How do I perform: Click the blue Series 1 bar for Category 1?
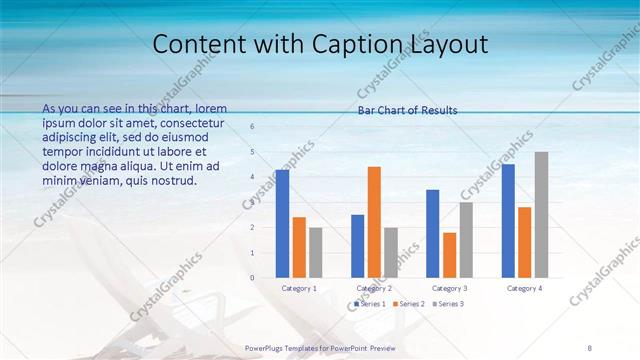click(283, 223)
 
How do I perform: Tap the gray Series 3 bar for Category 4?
click(541, 214)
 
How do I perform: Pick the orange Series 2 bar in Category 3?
click(449, 255)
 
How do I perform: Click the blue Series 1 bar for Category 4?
click(508, 220)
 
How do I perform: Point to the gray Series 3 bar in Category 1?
click(316, 252)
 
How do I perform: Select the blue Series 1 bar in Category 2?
click(358, 245)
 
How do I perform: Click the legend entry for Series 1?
click(370, 303)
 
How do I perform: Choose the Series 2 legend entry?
click(411, 303)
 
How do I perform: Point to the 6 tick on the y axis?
click(252, 127)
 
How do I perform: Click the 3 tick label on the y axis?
click(252, 202)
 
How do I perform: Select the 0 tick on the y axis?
click(252, 277)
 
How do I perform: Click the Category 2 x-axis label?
click(374, 288)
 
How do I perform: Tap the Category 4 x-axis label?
click(524, 288)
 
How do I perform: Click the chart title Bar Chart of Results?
click(407, 110)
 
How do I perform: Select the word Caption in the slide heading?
click(382, 44)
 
